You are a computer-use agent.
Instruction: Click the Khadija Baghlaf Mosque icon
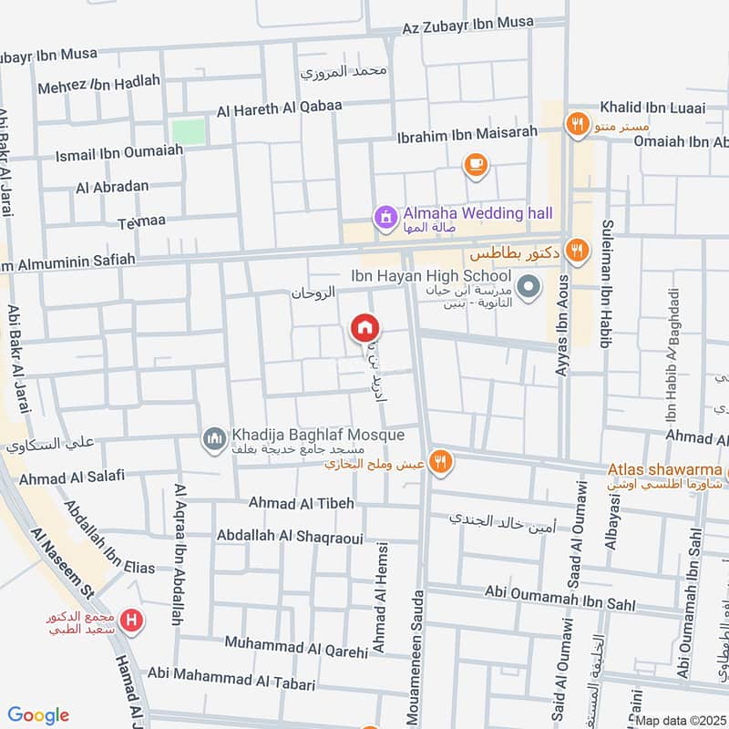point(215,439)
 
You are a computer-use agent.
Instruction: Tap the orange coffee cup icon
point(475,164)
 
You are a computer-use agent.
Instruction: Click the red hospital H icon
point(133,622)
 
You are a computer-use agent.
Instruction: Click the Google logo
point(38,715)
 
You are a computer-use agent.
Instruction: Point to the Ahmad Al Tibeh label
point(301,503)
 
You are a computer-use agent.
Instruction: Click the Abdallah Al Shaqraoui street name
point(290,537)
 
